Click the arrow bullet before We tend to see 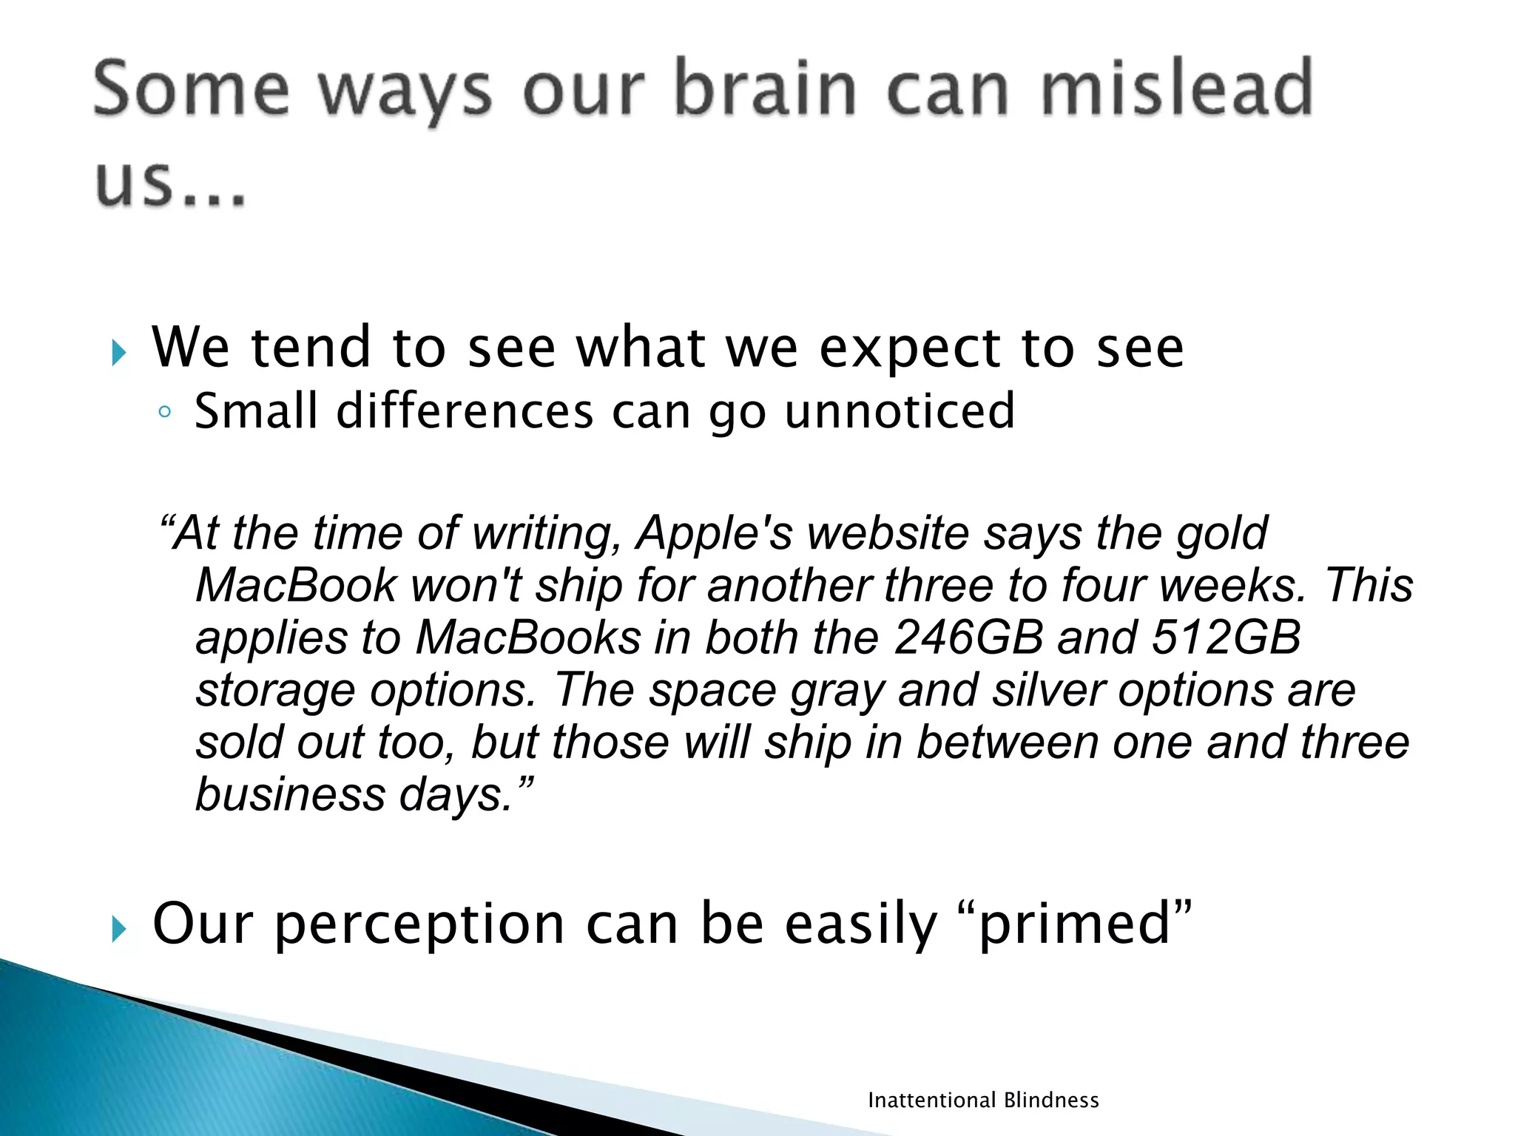(x=119, y=353)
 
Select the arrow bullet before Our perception (x=119, y=929)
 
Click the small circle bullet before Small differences (x=164, y=413)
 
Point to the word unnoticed (x=900, y=411)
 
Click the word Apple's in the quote (x=715, y=533)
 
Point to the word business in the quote (x=291, y=795)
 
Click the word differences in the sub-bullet (x=465, y=411)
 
